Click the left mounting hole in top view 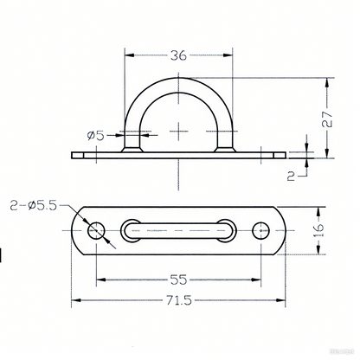(95, 230)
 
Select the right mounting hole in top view (261, 230)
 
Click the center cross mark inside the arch (178, 132)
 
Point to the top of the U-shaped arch (178, 80)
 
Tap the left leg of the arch (132, 130)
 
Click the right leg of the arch (226, 130)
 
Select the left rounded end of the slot (130, 230)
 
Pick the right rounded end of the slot (228, 230)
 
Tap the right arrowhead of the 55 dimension (258, 279)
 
